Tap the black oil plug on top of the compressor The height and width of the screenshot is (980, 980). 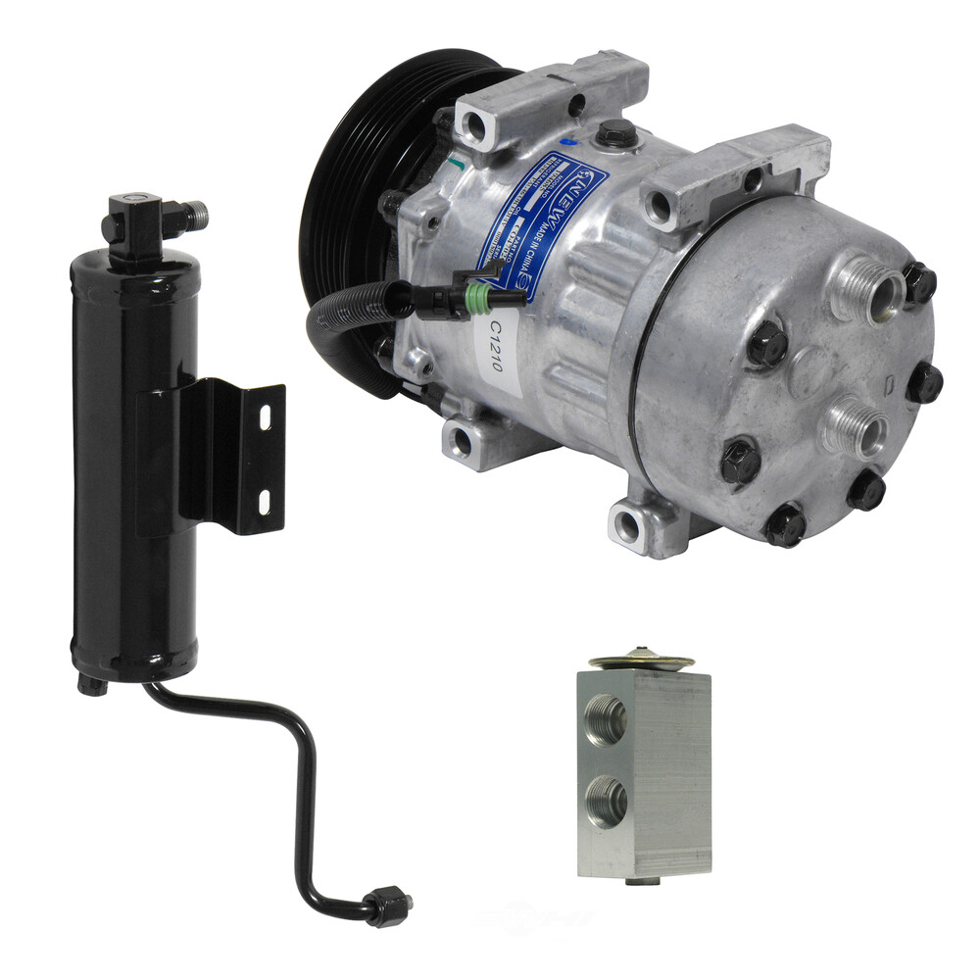(614, 132)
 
